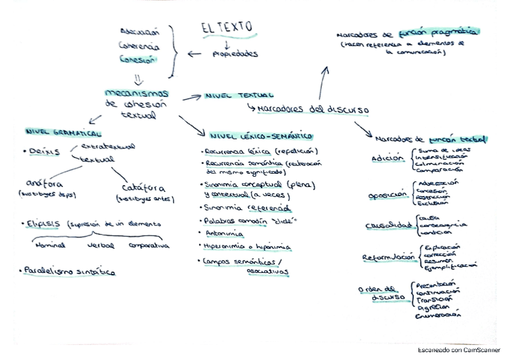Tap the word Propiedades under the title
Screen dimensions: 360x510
[235, 54]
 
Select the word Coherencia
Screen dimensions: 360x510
[139, 46]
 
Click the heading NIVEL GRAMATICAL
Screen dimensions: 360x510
[63, 132]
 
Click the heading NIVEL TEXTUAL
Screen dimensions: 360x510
[239, 95]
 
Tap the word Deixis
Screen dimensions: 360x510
[44, 151]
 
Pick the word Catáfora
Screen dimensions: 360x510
[144, 188]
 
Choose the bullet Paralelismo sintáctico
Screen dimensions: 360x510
[69, 272]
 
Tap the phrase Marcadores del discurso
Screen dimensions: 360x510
[313, 109]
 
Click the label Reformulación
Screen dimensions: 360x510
[389, 257]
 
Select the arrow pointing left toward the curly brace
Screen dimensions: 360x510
[194, 54]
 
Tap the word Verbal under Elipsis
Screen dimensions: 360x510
[100, 245]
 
